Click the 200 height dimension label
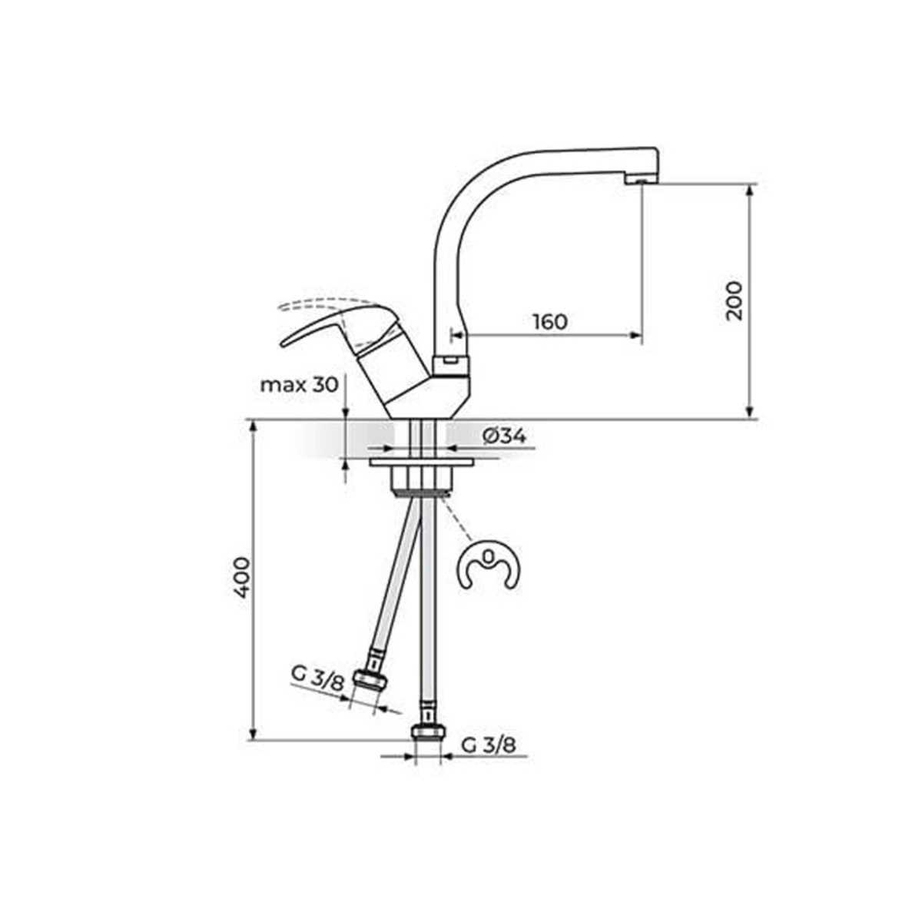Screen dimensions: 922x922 tap(733, 300)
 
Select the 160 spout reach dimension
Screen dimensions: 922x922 tap(550, 322)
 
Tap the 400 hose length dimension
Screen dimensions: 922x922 tap(242, 577)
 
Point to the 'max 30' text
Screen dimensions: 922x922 tap(300, 385)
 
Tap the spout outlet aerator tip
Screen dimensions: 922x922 tap(641, 180)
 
